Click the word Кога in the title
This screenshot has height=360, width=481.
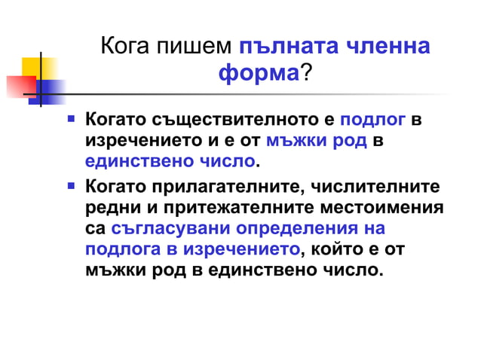(x=124, y=47)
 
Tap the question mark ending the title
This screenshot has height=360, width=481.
(x=305, y=74)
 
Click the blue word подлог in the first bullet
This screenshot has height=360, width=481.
(x=374, y=120)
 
